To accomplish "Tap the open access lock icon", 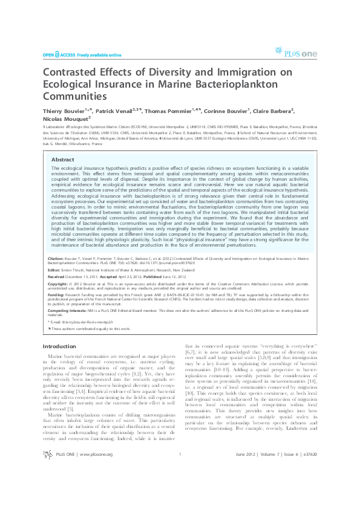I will (57, 54).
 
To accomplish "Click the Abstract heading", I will (63, 160).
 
